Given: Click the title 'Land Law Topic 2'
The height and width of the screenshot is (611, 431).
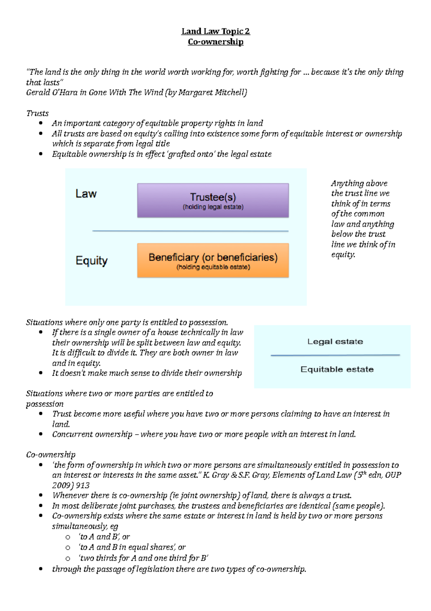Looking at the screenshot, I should [215, 31].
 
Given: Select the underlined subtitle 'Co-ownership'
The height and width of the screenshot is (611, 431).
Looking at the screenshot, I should [215, 42].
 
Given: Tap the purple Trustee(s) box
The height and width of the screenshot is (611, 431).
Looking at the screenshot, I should [213, 200].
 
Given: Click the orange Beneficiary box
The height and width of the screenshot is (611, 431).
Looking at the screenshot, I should [213, 261].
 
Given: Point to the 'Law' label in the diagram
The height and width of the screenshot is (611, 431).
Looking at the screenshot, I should [86, 194].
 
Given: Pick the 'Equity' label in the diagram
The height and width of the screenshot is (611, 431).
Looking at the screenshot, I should [91, 261].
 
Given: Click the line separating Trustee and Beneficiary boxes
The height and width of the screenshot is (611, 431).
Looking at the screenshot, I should [190, 231].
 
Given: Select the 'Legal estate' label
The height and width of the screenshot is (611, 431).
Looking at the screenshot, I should [335, 341].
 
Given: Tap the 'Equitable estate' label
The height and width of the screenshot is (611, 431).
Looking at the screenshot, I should [337, 369].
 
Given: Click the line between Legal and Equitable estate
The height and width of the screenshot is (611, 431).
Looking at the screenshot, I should [335, 355].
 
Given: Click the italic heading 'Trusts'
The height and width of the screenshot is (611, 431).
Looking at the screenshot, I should [37, 113].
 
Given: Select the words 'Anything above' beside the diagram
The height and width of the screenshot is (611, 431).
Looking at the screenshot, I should [359, 183].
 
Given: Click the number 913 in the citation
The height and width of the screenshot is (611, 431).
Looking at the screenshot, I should [83, 485].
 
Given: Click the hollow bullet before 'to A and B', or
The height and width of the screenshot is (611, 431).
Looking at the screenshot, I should [68, 537].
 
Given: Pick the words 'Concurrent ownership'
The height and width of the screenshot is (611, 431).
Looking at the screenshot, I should [92, 434].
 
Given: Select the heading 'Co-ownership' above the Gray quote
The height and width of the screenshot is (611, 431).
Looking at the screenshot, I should [51, 454].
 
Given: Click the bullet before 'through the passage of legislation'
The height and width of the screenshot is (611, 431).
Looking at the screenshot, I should [41, 569].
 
